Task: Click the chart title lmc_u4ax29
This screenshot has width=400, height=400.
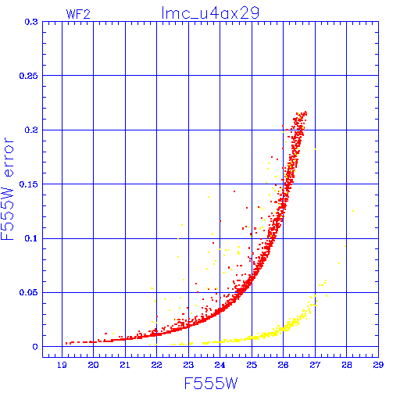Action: point(210,13)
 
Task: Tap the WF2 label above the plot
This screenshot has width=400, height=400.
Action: point(78,14)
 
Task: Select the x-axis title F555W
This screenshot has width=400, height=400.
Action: point(211,384)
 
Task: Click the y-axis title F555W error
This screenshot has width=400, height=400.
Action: point(7,189)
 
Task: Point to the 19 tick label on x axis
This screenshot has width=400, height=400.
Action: point(62,365)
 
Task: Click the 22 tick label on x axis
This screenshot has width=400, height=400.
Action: point(156,365)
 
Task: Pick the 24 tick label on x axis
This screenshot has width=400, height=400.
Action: point(220,365)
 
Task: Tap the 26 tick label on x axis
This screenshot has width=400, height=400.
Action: point(283,365)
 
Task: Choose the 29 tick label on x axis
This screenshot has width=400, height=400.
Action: point(378,365)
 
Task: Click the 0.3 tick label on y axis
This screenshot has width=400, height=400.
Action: point(31,22)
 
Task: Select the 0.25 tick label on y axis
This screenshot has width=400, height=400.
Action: point(29,76)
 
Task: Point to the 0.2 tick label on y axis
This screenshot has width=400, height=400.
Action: point(31,130)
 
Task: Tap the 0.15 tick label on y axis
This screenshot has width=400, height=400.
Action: point(29,184)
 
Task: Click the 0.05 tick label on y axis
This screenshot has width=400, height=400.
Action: point(29,292)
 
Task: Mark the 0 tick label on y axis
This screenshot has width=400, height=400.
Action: point(35,347)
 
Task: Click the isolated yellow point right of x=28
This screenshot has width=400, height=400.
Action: point(353,211)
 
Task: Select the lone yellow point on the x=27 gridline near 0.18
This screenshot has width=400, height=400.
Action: point(315,149)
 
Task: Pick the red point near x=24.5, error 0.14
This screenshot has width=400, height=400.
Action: point(234,191)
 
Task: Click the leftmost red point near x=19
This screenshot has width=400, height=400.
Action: point(66,343)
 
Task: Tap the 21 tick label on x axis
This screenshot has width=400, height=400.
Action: point(125,365)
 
